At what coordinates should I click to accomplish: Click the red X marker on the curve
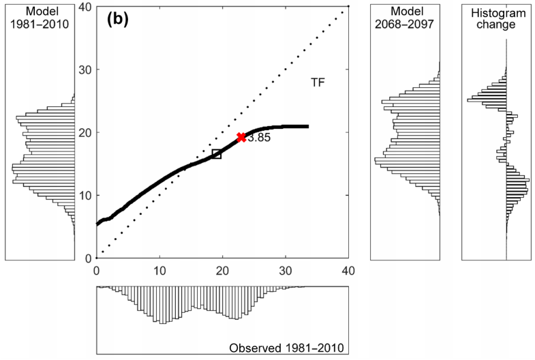click(241, 138)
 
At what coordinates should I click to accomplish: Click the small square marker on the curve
click(217, 154)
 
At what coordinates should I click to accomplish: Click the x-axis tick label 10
click(159, 270)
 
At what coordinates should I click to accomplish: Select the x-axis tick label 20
click(222, 270)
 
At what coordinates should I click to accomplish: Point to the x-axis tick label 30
click(285, 270)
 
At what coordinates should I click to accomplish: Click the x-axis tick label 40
click(348, 270)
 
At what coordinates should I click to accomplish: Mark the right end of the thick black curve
click(308, 126)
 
